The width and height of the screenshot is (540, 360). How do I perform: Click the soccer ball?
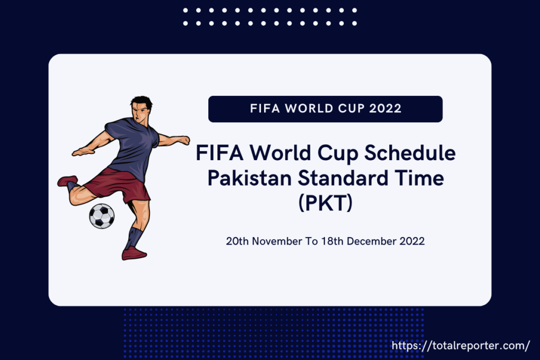pos(102,216)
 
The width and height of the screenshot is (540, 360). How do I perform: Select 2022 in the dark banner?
pos(385,109)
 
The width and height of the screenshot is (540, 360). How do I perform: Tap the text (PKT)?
pos(325,202)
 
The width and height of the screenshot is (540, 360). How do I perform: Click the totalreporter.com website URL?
pos(461,346)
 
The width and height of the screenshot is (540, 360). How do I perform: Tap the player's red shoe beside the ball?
pos(67,181)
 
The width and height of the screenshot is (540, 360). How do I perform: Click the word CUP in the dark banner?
pos(349,109)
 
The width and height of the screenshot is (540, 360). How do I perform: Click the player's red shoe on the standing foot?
pos(134,254)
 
